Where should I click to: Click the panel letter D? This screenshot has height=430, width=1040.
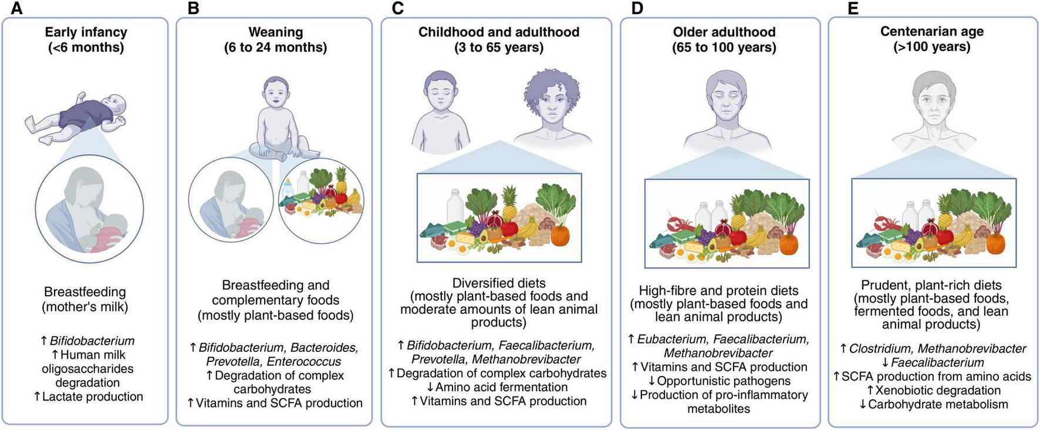637,8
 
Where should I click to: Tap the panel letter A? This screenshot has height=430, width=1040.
16,8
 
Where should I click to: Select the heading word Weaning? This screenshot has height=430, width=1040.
275,32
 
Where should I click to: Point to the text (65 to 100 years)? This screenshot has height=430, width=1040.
724,48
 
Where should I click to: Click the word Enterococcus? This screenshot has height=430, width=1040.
303,361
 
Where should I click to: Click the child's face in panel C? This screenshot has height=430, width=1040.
440,94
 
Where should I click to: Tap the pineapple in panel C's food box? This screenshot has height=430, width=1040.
509,202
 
